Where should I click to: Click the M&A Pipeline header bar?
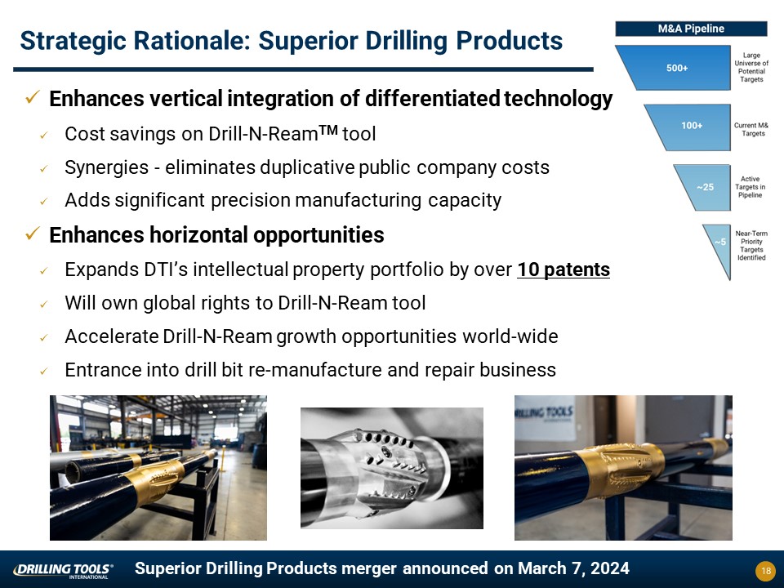click(x=691, y=29)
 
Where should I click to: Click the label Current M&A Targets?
click(x=751, y=130)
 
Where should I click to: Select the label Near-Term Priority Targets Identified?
click(x=751, y=246)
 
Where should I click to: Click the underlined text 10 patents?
click(x=563, y=269)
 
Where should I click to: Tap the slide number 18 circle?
click(x=765, y=571)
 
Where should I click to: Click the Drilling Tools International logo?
click(x=63, y=571)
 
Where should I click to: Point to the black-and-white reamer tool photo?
click(x=392, y=468)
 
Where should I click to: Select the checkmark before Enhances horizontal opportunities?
click(x=33, y=233)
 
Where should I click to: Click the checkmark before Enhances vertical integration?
click(x=33, y=96)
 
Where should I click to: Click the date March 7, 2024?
click(x=573, y=568)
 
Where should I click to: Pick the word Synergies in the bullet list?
click(x=106, y=167)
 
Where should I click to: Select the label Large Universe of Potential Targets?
click(x=751, y=68)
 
